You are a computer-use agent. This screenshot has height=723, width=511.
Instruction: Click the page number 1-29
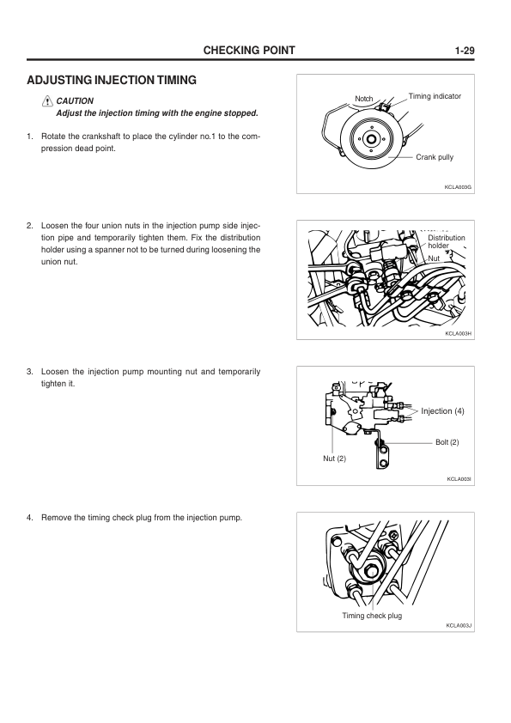(x=465, y=51)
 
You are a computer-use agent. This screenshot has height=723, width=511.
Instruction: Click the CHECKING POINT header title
(x=249, y=51)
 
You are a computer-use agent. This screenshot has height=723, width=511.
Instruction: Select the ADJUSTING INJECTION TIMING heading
(x=112, y=80)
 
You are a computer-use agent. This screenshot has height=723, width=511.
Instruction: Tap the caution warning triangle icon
(x=47, y=101)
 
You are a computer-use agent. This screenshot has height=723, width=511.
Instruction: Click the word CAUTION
(x=75, y=101)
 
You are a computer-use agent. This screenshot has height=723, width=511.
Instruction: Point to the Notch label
(x=364, y=99)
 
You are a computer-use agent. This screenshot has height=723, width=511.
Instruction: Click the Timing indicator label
(x=435, y=96)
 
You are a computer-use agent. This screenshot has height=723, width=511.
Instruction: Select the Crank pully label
(x=435, y=157)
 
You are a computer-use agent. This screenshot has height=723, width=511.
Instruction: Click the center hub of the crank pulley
(x=370, y=139)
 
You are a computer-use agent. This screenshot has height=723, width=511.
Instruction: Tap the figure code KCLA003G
(x=458, y=187)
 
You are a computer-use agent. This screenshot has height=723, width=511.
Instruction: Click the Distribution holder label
(x=446, y=241)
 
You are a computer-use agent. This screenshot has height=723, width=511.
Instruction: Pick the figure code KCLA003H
(x=458, y=333)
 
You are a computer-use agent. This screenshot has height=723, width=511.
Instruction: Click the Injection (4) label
(x=442, y=410)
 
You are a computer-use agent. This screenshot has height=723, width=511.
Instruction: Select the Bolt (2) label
(x=447, y=442)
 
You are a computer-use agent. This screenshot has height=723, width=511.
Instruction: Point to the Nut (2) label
(x=334, y=459)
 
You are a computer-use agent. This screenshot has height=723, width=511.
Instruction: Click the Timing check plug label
(x=372, y=616)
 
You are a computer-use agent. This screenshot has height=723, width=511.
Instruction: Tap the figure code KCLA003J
(x=459, y=625)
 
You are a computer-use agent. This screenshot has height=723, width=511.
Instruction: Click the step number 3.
(x=30, y=372)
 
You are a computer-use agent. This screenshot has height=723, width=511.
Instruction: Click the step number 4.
(x=30, y=518)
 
